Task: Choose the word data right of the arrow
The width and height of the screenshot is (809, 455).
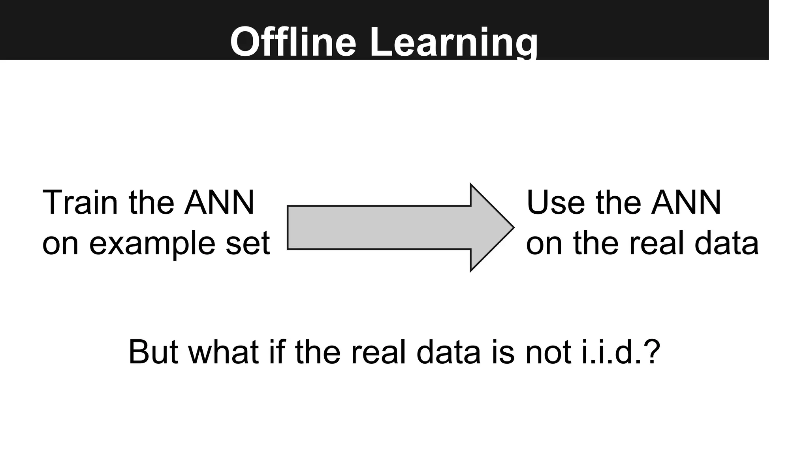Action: click(726, 243)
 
